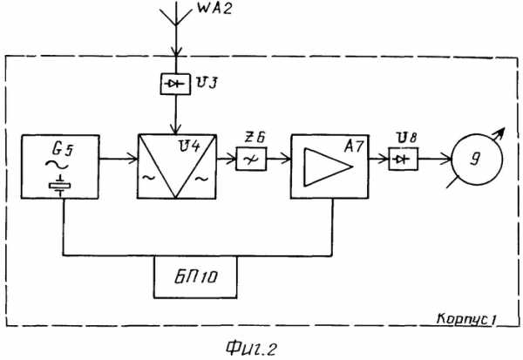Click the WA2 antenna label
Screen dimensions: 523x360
pyautogui.click(x=214, y=8)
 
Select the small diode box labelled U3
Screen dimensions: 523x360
pyautogui.click(x=175, y=84)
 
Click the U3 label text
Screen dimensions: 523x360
pyautogui.click(x=207, y=83)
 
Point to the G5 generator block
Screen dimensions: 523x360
pyautogui.click(x=60, y=166)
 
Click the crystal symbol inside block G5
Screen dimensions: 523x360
pyautogui.click(x=59, y=186)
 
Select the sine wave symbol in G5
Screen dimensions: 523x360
pyautogui.click(x=57, y=165)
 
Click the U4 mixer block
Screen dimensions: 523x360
pyautogui.click(x=177, y=166)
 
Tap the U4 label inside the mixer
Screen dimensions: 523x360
pyautogui.click(x=189, y=146)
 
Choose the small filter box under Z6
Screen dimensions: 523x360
pyautogui.click(x=251, y=160)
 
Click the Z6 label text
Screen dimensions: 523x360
pyautogui.click(x=255, y=138)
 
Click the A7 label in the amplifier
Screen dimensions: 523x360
pyautogui.click(x=354, y=146)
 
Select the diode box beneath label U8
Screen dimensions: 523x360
pyautogui.click(x=404, y=160)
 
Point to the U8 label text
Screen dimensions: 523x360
pyautogui.click(x=406, y=137)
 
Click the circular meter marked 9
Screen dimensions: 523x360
pyautogui.click(x=477, y=160)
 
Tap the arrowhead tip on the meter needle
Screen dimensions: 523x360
pyautogui.click(x=504, y=128)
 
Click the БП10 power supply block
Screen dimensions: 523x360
pyautogui.click(x=195, y=277)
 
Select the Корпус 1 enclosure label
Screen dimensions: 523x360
pyautogui.click(x=466, y=319)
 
